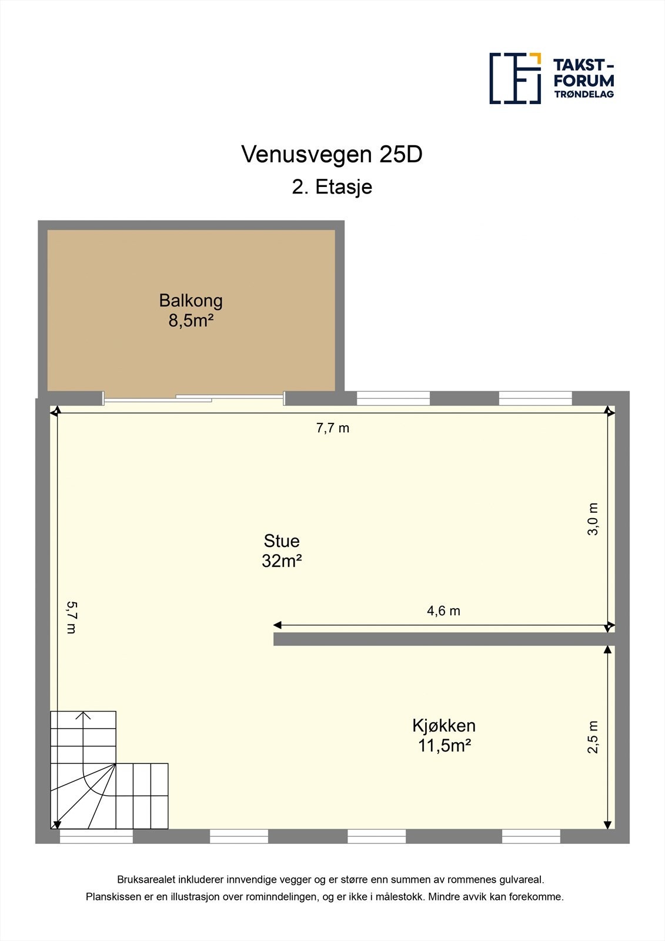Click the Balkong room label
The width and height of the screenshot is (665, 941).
pos(191,301)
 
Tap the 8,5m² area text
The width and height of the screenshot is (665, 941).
pos(191,321)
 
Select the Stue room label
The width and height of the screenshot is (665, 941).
pos(282,541)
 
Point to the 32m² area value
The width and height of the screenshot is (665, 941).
pos(282,561)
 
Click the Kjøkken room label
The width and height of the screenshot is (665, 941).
pos(444,726)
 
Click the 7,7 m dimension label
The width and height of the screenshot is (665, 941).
pos(333,428)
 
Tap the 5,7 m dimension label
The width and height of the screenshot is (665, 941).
pos(71,618)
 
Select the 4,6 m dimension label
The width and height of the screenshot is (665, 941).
pos(443,611)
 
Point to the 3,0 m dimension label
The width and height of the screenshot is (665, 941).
pos(592,519)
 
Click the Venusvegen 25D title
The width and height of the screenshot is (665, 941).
pos(332,155)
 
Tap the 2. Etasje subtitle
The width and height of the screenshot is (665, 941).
pos(332,187)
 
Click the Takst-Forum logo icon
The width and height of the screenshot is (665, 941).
pos(515,79)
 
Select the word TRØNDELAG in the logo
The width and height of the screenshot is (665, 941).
pos(584,94)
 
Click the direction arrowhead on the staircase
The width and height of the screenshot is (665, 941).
pos(83,715)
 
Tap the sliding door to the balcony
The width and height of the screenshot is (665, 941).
pos(193,398)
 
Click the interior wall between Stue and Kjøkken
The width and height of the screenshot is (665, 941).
pos(444,639)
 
